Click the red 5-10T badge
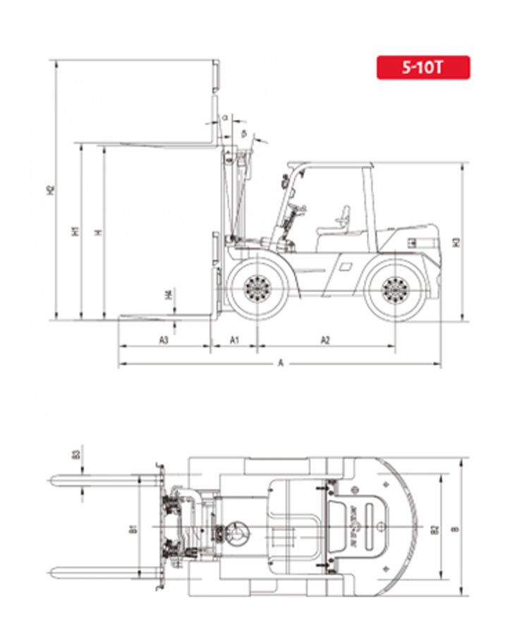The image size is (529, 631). (422, 68)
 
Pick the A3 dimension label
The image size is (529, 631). (164, 340)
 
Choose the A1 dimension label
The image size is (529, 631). (236, 340)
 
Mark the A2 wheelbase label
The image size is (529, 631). (326, 340)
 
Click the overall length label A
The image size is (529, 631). (280, 363)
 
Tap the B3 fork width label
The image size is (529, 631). (75, 455)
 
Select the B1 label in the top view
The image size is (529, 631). (133, 527)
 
